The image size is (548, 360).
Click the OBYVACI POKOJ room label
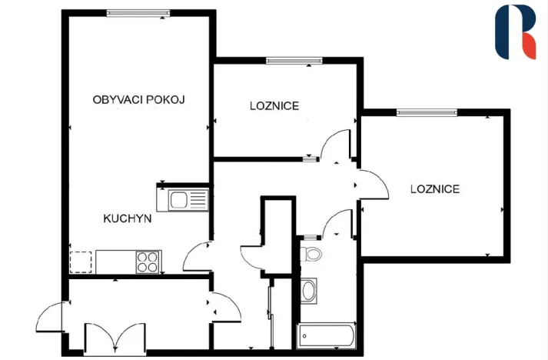(x=139, y=99)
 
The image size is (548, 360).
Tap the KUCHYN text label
(x=127, y=218)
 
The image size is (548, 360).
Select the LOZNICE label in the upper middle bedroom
(x=274, y=105)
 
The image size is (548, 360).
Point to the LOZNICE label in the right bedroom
(x=434, y=188)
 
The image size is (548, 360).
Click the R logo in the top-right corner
(x=514, y=32)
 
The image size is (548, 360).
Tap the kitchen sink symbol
(x=183, y=201)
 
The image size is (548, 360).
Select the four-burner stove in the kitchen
(x=148, y=262)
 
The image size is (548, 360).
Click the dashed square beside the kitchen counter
(x=81, y=262)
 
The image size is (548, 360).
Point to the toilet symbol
(x=312, y=254)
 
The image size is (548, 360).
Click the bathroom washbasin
(x=309, y=291)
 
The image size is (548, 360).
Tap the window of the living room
(x=138, y=12)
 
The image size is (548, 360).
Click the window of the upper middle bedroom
(x=294, y=60)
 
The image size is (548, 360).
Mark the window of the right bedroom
(x=427, y=113)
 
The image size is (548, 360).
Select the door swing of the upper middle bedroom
(x=335, y=147)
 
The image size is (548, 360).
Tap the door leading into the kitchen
(x=198, y=256)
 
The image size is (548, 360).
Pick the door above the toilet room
(x=337, y=224)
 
